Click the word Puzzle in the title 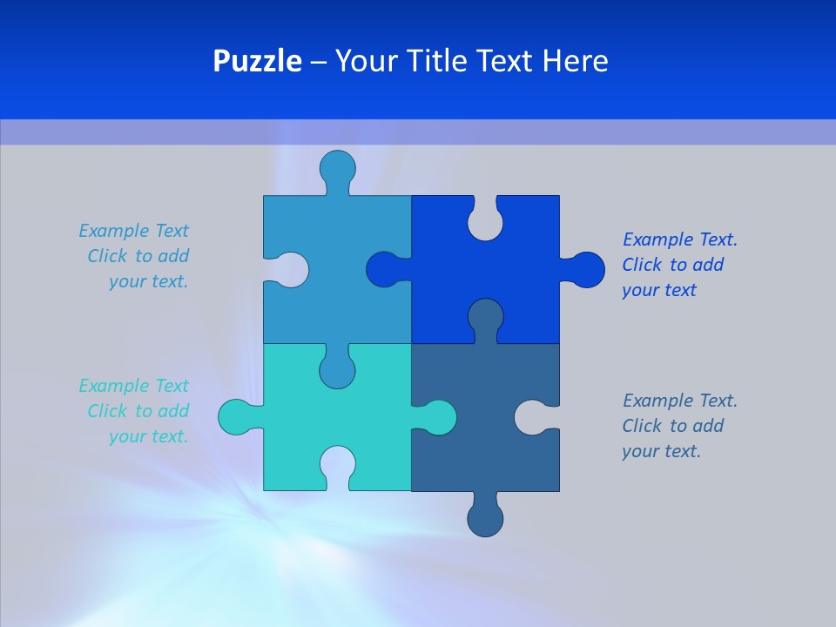coord(257,61)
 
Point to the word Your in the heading coord(367,61)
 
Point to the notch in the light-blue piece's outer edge coord(288,270)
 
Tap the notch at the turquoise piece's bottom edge coord(338,465)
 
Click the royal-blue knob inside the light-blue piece coord(386,270)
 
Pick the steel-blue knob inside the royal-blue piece coord(485,317)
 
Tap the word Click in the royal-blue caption coord(643,265)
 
